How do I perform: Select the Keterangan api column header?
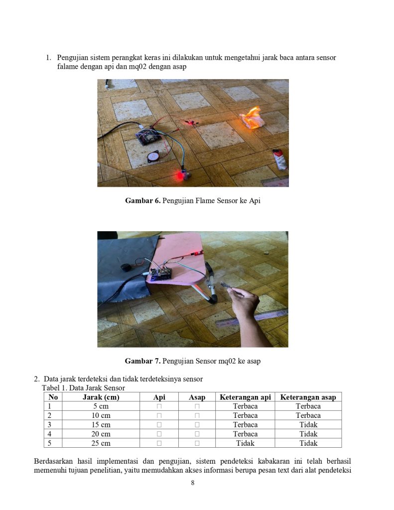pos(245,397)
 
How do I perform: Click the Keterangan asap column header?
pos(308,397)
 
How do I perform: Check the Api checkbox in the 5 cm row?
pos(159,406)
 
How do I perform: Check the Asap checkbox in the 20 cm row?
pos(197,434)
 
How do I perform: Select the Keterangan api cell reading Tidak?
pos(245,443)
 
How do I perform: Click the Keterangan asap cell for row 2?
pos(308,415)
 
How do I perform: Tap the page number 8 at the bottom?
pos(193,483)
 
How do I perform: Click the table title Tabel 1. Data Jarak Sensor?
pos(83,387)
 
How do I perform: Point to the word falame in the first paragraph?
pos(68,67)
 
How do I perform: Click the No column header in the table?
pos(53,397)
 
